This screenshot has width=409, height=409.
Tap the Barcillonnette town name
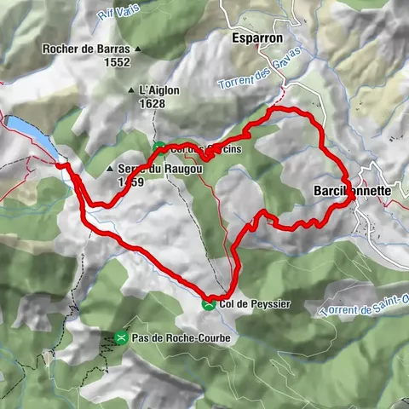tap(351, 192)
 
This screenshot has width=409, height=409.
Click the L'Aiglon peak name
tap(158, 89)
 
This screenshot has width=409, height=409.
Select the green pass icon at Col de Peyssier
tap(208, 303)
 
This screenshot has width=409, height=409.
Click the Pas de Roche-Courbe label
tap(181, 338)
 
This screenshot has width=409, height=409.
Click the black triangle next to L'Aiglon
tap(130, 89)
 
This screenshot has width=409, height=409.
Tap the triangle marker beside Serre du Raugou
tap(111, 170)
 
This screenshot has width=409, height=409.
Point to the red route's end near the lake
tap(60, 164)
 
